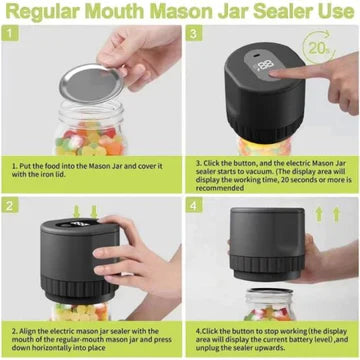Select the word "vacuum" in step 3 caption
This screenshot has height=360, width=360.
[317, 167]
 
